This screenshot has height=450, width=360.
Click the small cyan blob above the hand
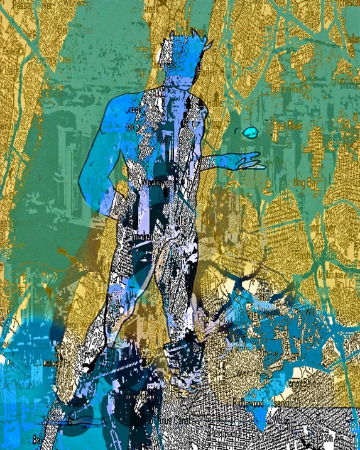coord(250,133)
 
